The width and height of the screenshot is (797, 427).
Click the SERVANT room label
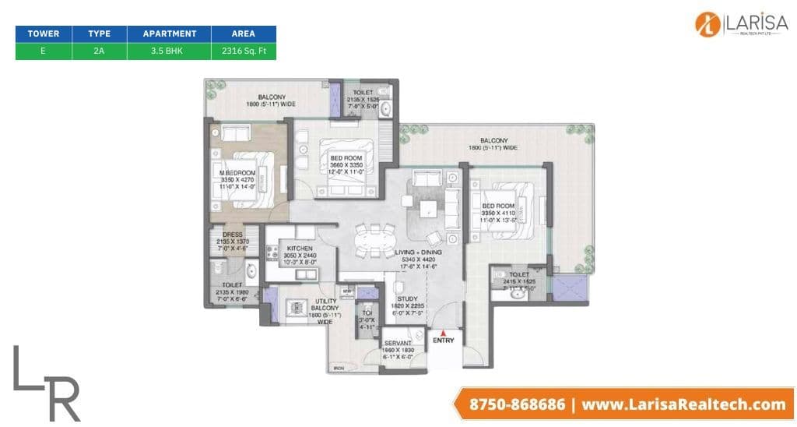click(x=398, y=342)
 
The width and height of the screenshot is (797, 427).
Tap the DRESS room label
click(x=232, y=235)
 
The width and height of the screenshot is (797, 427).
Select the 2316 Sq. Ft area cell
click(x=244, y=51)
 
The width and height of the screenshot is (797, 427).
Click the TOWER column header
click(x=44, y=34)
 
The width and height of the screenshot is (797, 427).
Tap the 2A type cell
click(x=99, y=51)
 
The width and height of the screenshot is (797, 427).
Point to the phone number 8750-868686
click(x=518, y=404)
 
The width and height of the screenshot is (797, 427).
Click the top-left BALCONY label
click(x=260, y=97)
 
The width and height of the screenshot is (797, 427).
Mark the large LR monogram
click(x=47, y=381)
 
